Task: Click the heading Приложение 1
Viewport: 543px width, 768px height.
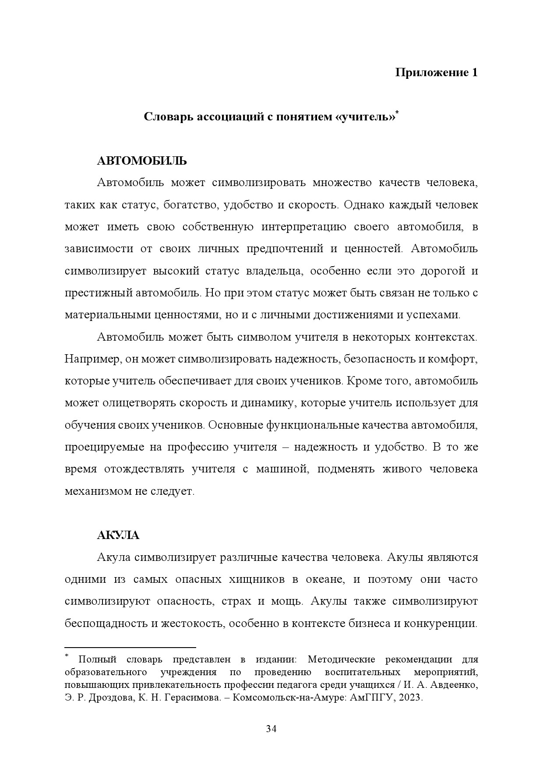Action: pos(436,72)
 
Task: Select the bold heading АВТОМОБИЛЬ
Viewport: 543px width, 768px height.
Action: pos(141,161)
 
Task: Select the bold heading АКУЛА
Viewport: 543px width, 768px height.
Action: pos(118,535)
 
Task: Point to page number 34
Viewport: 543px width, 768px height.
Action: pos(271,729)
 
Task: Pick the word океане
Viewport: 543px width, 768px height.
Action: pos(325,579)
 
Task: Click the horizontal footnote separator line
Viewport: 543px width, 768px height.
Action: pos(130,647)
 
